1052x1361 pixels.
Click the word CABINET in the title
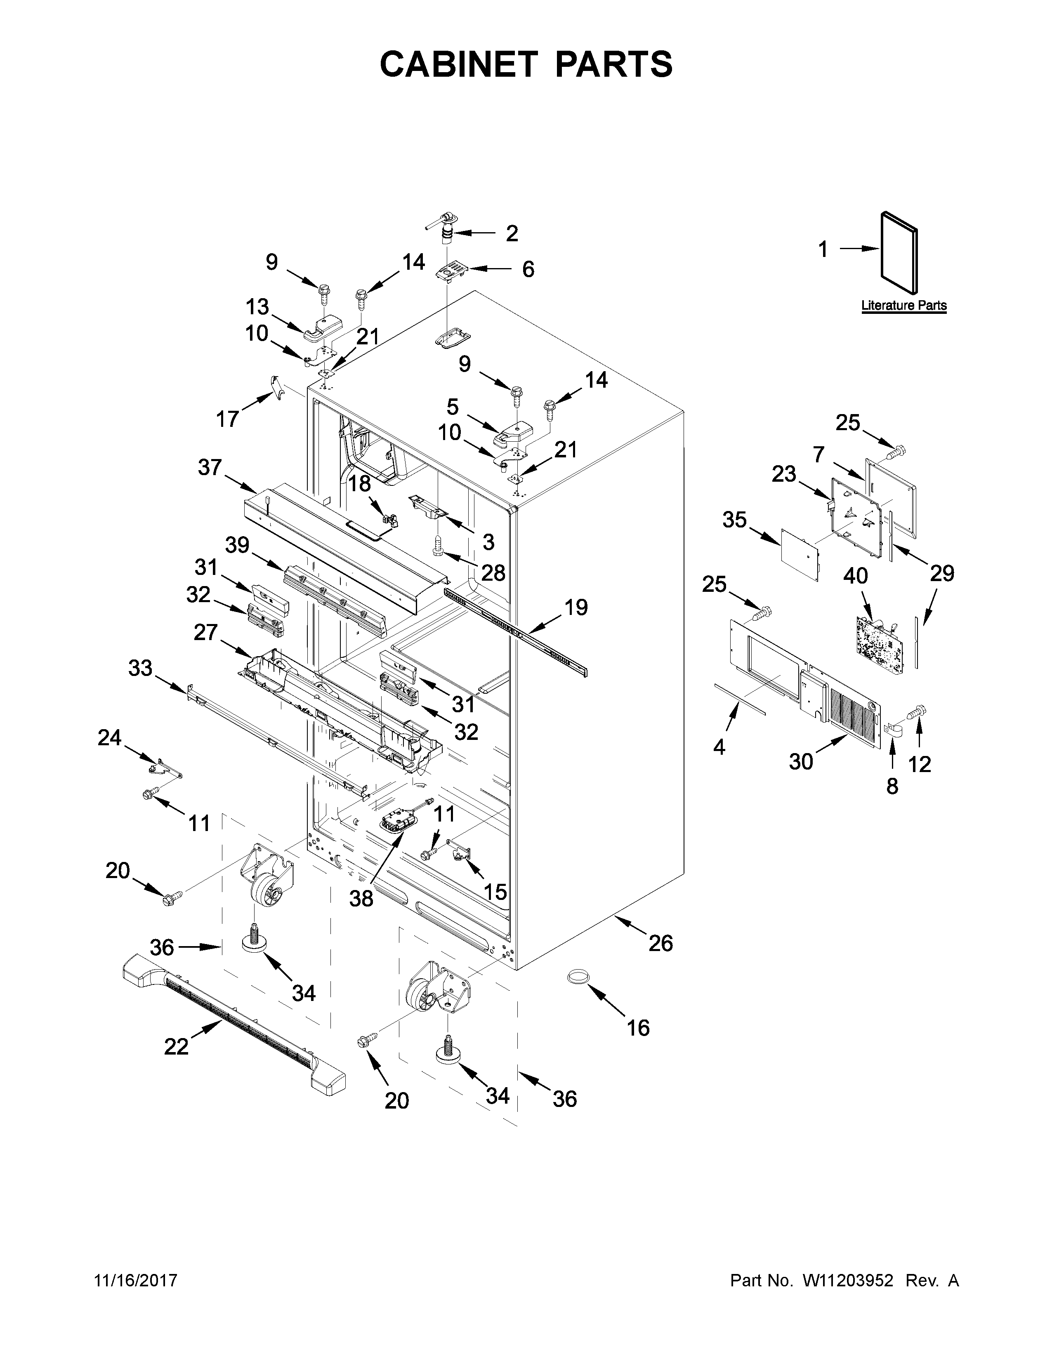[x=458, y=64]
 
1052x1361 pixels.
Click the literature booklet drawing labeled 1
[x=899, y=252]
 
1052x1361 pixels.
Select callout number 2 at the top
[x=512, y=234]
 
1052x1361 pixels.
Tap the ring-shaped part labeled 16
[x=578, y=977]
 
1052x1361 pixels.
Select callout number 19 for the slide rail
[x=576, y=607]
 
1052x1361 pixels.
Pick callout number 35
[x=735, y=519]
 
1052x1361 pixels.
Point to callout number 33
[x=140, y=669]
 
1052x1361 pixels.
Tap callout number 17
[x=227, y=419]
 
